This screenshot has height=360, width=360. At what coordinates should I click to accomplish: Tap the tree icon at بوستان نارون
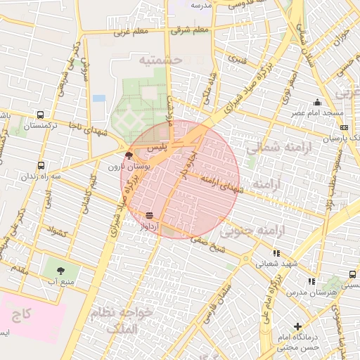click(x=128, y=156)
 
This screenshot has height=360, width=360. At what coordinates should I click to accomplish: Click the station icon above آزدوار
click(x=148, y=215)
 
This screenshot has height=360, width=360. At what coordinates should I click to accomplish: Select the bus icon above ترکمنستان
click(x=40, y=115)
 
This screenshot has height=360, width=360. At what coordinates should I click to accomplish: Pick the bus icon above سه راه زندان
click(x=40, y=166)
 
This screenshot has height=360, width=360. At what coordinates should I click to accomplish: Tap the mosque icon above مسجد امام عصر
click(x=318, y=102)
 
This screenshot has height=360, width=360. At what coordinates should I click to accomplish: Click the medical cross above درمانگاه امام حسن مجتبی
click(x=298, y=326)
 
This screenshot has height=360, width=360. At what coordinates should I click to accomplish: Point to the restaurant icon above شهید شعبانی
click(x=276, y=253)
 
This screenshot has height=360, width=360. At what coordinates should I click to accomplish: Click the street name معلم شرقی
click(x=190, y=30)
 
